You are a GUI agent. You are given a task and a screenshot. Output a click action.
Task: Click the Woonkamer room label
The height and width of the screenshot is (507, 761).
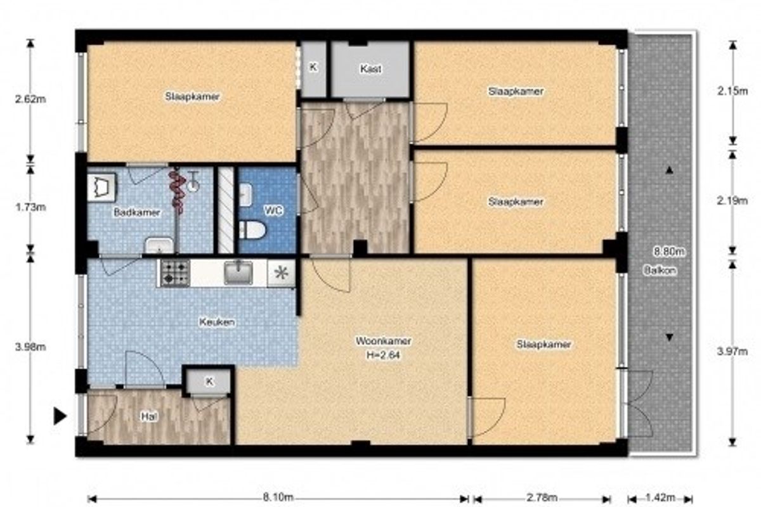383,340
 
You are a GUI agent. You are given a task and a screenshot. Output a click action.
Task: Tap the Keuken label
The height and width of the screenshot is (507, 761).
217,321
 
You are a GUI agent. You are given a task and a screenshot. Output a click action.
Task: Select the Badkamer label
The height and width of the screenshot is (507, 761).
137,212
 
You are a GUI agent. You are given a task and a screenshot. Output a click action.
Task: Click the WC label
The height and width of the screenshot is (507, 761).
273,210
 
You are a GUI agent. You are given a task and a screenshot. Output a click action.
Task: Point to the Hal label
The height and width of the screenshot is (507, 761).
149,416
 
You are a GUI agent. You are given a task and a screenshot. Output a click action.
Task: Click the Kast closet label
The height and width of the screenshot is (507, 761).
370,69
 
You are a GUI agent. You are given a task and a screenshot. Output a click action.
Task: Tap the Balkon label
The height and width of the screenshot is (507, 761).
660,271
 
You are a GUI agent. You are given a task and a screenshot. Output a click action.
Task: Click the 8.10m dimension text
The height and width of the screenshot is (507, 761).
278,497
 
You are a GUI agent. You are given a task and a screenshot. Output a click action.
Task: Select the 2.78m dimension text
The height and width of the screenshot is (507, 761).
542,497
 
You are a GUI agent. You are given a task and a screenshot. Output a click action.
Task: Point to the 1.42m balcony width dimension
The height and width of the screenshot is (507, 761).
660,497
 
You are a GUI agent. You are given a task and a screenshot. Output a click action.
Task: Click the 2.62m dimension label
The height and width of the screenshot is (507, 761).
30,99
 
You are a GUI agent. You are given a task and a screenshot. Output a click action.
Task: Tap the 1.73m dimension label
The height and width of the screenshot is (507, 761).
30,207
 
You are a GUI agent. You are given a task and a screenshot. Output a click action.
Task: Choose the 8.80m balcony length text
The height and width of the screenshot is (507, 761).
669,252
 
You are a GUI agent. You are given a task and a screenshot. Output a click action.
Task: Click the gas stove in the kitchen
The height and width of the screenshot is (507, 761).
175,273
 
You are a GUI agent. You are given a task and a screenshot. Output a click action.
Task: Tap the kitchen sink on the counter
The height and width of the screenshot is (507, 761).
238,273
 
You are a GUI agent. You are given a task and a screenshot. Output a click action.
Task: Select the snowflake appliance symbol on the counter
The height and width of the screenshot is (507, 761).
282,273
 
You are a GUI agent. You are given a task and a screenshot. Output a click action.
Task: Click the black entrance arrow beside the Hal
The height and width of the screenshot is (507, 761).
60,416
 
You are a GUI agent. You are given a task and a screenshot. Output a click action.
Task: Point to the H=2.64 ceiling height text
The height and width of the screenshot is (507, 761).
383,355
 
